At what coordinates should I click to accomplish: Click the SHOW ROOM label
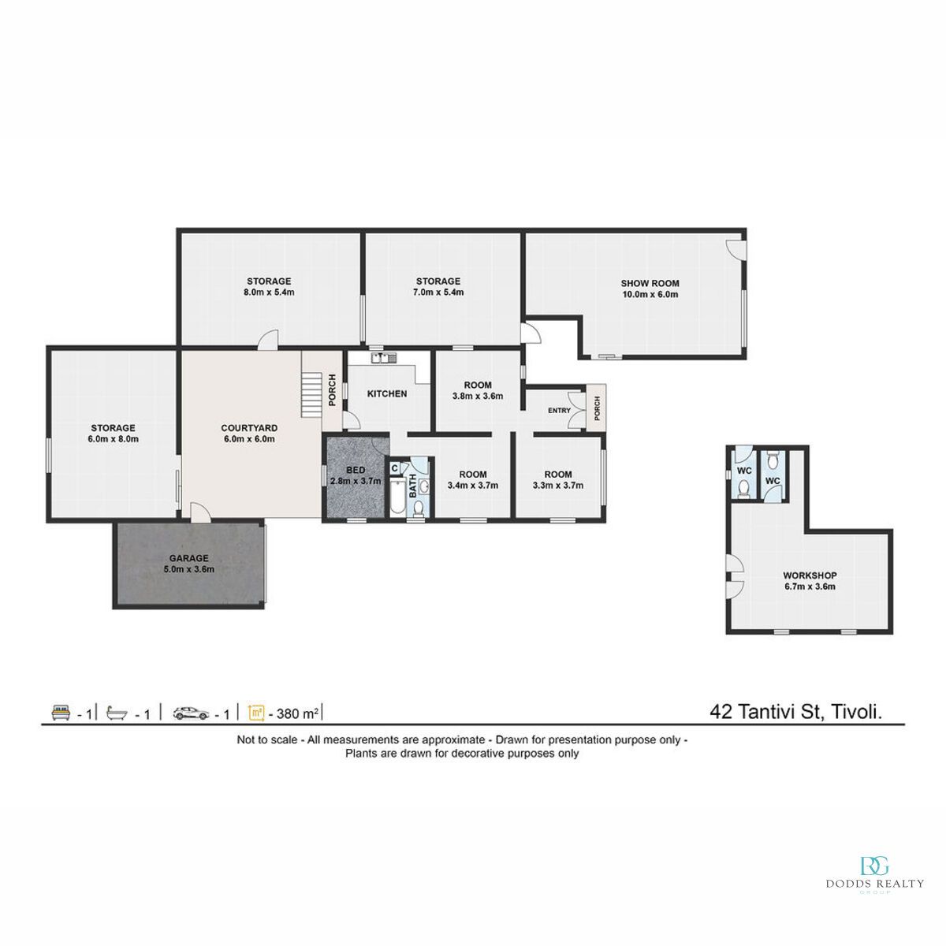tap(650, 283)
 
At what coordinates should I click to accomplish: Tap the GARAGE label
tap(189, 558)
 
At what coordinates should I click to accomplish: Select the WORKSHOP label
tap(810, 575)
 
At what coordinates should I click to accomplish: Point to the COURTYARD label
tap(249, 428)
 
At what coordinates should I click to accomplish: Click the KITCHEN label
tap(387, 393)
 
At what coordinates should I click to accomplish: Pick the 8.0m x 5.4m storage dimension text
tap(269, 292)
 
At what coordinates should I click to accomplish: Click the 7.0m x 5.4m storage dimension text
tap(438, 292)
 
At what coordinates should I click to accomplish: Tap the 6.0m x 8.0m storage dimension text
tap(114, 439)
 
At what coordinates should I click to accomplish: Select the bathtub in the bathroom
tap(397, 497)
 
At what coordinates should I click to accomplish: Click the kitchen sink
tap(385, 358)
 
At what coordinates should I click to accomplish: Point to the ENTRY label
tap(559, 411)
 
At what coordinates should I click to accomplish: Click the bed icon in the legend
tap(61, 713)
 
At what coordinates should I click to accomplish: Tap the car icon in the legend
tap(192, 713)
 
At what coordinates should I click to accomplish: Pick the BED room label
tap(356, 471)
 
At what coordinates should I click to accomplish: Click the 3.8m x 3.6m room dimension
tap(478, 397)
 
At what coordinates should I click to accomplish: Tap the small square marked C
tap(395, 468)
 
